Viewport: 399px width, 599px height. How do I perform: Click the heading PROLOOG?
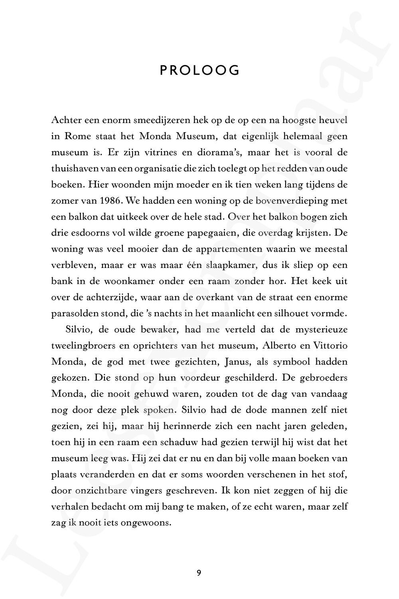[199, 71]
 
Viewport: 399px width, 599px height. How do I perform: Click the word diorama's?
[221, 152]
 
